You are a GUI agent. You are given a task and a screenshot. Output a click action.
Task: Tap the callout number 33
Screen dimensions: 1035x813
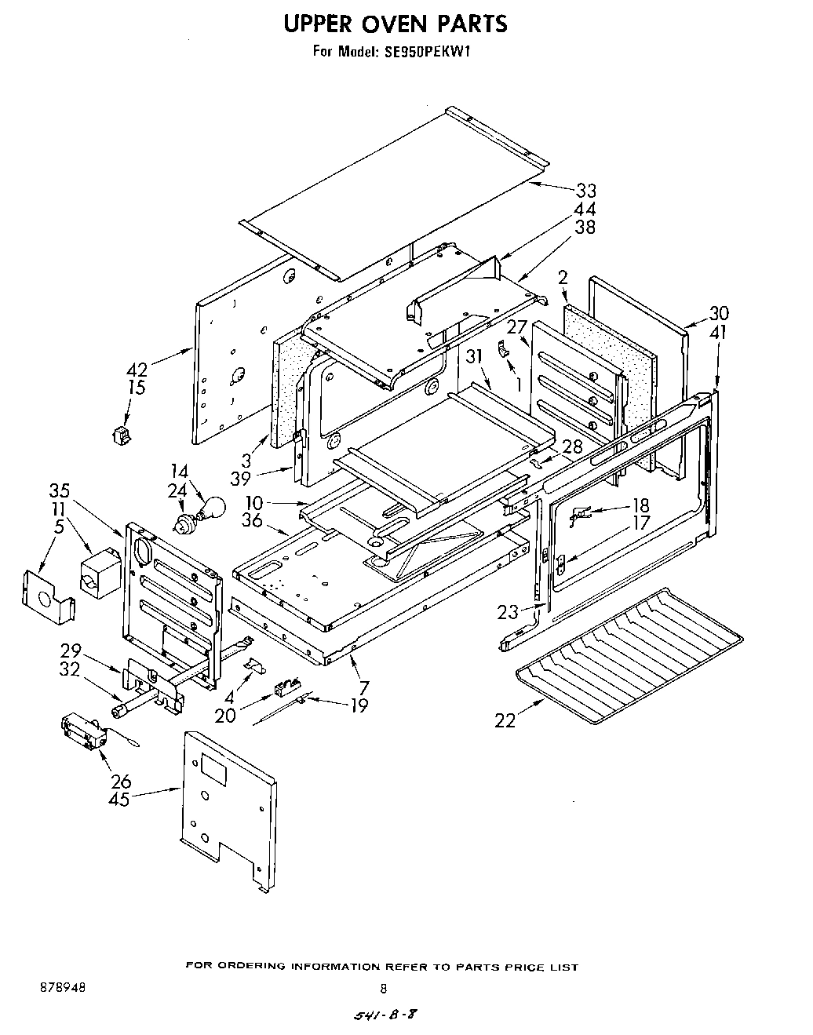click(x=585, y=191)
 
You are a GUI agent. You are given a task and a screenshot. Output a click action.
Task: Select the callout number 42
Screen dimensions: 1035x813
click(x=137, y=370)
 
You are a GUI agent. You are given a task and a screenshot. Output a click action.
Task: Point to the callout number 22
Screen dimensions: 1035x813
click(x=505, y=720)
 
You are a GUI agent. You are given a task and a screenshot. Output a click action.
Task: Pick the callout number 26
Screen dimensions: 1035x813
click(x=120, y=782)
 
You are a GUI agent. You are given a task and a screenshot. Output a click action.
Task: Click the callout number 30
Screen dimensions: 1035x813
click(x=718, y=312)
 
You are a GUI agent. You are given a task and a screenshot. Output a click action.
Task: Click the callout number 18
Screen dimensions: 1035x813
click(x=640, y=505)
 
